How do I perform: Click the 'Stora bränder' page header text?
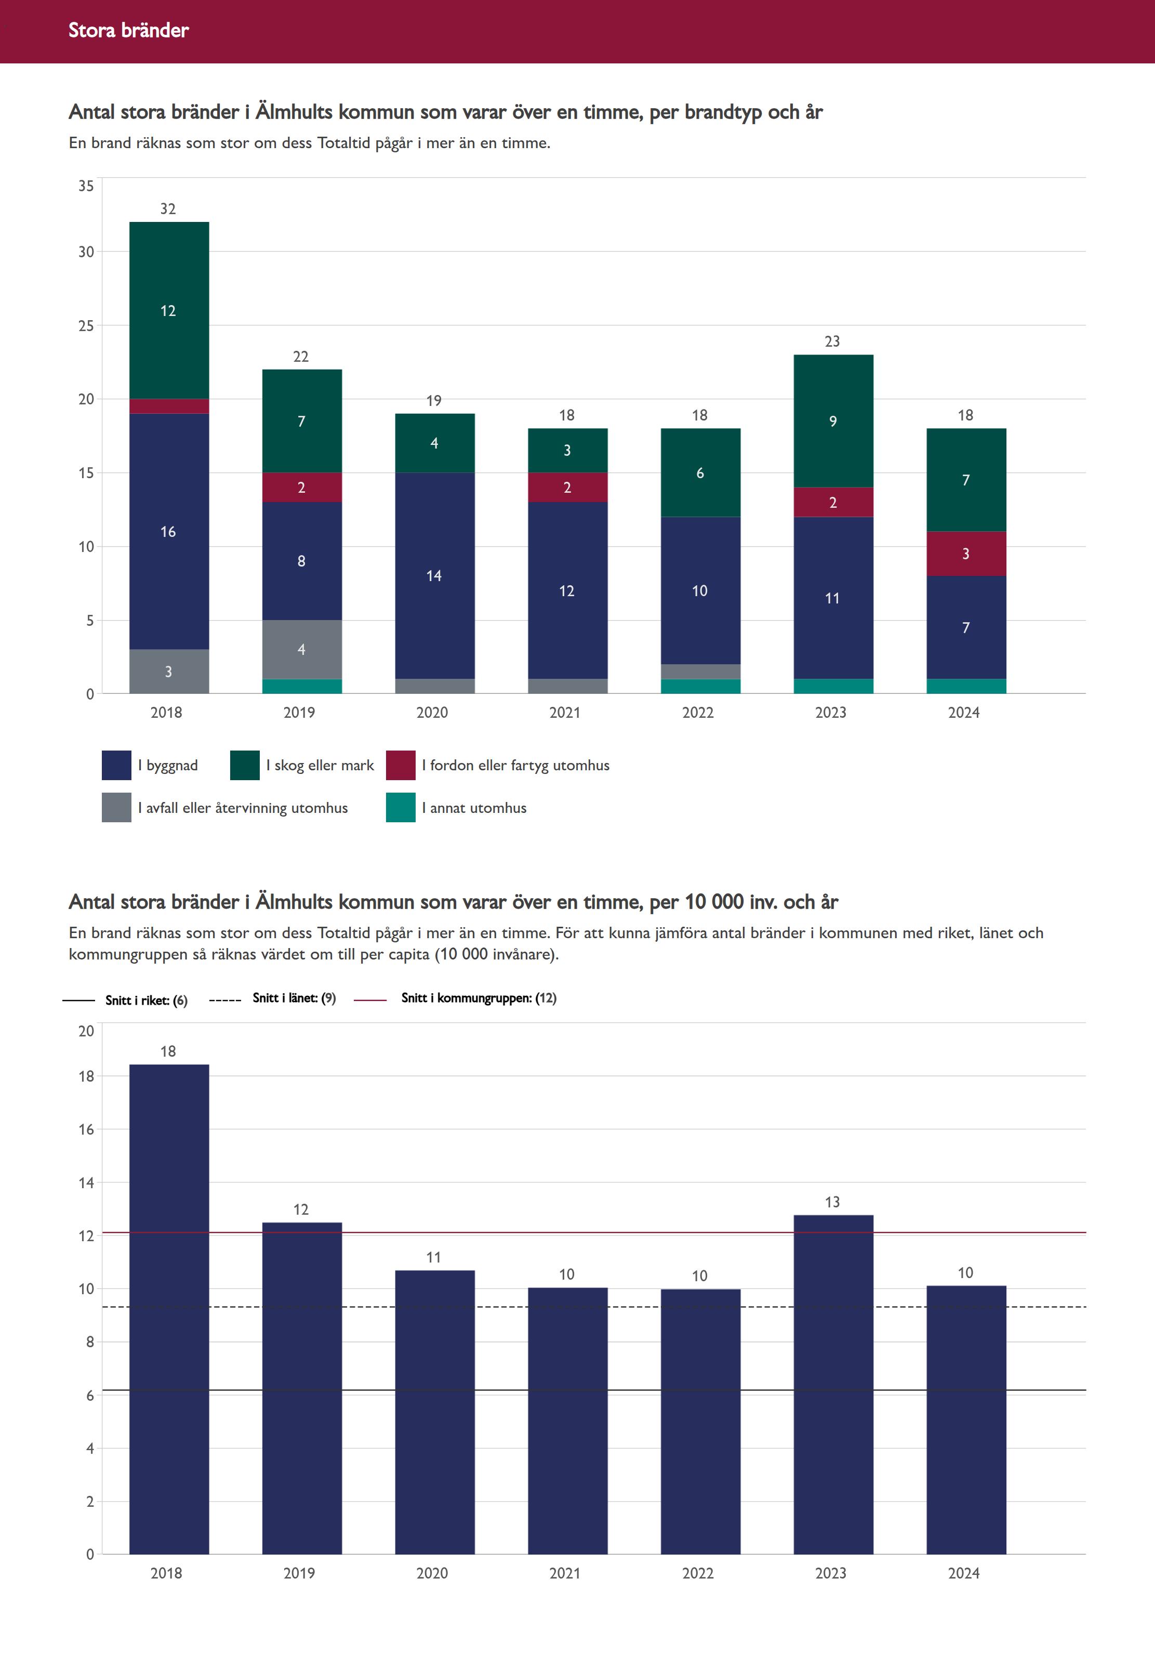[128, 30]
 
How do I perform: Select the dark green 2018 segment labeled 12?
[169, 310]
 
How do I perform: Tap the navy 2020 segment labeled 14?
[434, 575]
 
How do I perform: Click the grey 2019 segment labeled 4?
[302, 649]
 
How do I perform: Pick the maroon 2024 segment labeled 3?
[966, 554]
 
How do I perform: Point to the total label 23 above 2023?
[832, 341]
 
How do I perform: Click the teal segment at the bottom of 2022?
[700, 686]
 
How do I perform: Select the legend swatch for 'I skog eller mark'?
[245, 765]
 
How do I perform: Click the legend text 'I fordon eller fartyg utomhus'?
[515, 765]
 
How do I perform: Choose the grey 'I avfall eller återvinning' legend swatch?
[116, 808]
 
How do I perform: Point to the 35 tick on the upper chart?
[86, 186]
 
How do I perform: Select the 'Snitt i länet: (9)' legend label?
[294, 998]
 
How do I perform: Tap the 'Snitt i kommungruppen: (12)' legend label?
[479, 998]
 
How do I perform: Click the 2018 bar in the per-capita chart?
[169, 1310]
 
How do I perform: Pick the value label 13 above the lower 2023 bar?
[832, 1202]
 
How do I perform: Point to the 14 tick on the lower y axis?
[86, 1183]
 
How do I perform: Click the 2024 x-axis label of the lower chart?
[963, 1573]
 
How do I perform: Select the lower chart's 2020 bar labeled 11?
[434, 1412]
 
